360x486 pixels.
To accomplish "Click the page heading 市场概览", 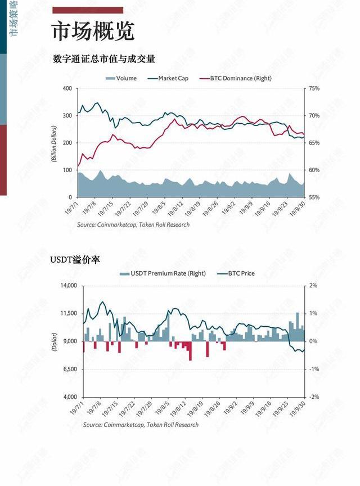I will (x=93, y=31).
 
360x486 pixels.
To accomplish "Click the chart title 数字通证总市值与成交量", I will (x=103, y=59).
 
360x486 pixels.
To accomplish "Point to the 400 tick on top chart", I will (x=67, y=88).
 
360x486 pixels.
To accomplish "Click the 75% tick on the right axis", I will (x=314, y=88).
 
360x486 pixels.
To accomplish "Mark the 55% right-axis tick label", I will (x=314, y=197).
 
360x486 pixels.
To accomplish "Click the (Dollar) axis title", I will (x=55, y=341).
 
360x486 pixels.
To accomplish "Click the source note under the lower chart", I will (x=141, y=425).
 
